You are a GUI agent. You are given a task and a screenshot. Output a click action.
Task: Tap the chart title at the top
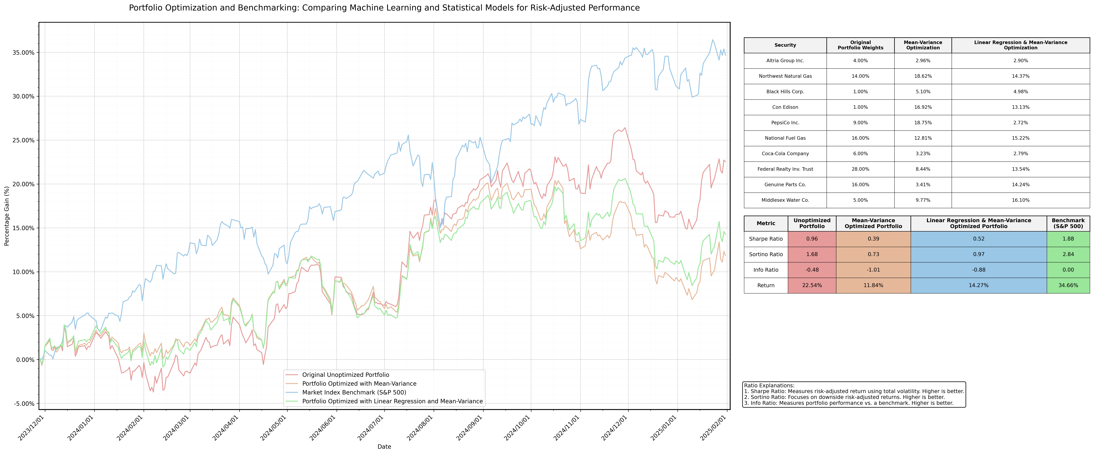[384, 8]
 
